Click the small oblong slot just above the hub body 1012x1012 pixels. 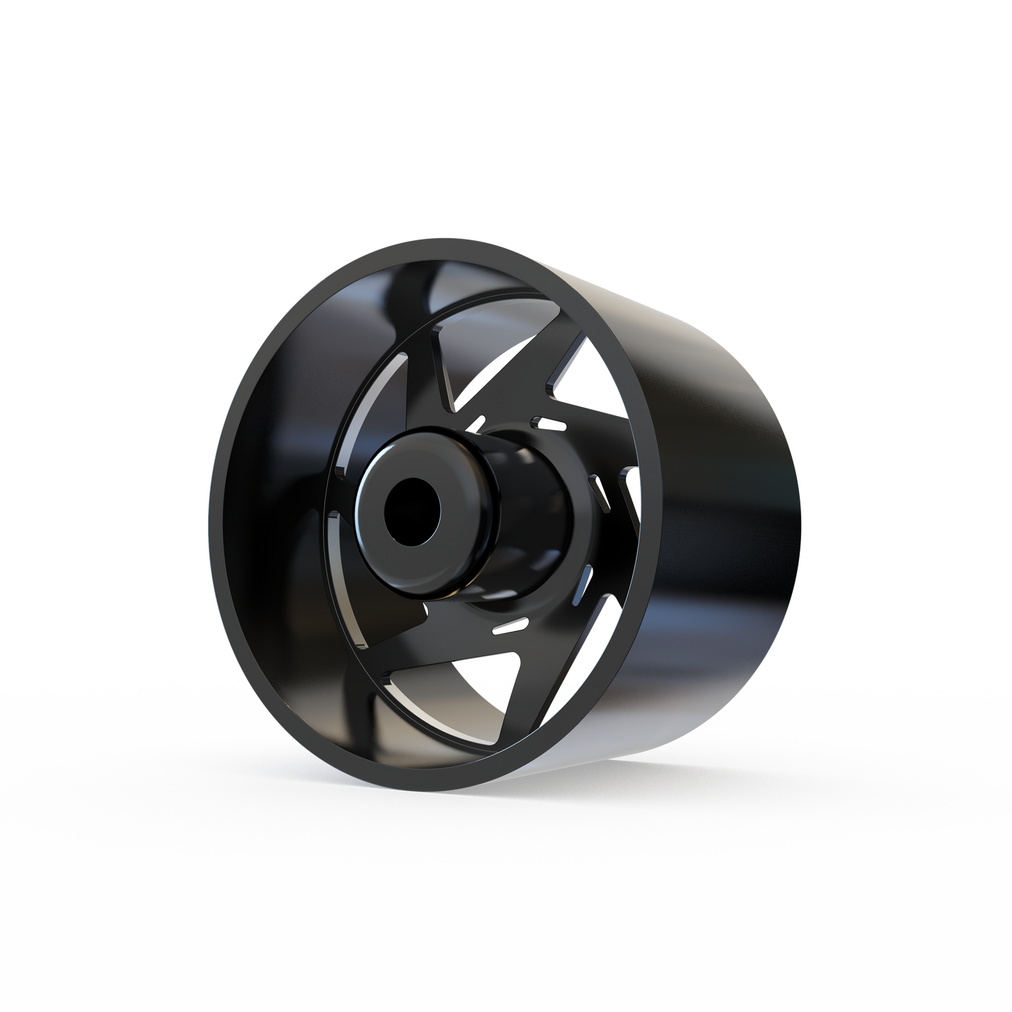(550, 422)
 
